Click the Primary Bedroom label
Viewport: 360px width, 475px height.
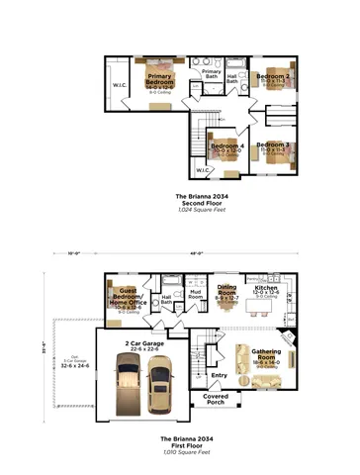[160, 80]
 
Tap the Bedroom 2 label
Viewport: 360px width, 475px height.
[273, 76]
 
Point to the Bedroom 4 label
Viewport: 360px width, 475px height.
[226, 147]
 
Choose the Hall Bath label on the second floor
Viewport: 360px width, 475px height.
[232, 78]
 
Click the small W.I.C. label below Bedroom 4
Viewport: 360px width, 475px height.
[203, 170]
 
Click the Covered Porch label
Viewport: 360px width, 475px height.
[216, 399]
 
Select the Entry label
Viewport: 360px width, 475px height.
[219, 375]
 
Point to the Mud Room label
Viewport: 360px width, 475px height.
[196, 295]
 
